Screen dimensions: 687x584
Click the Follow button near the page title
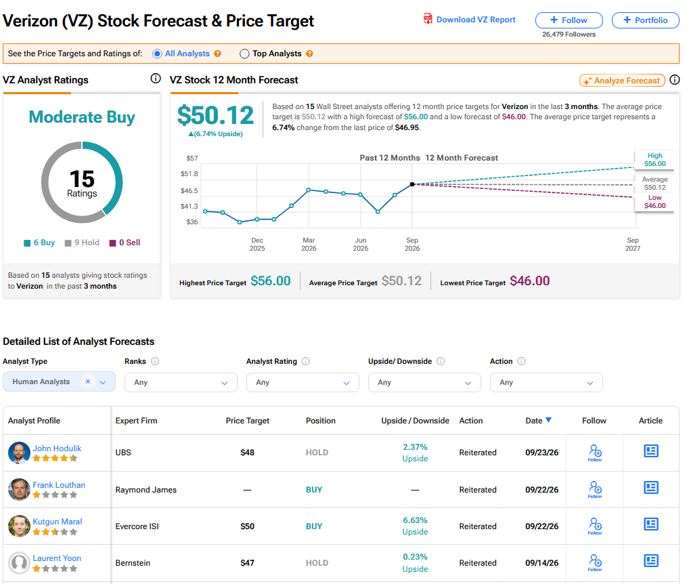569,20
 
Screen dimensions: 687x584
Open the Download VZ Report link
469,19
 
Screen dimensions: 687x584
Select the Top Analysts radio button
244,54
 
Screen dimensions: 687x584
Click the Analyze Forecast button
622,80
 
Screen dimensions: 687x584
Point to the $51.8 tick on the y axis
190,173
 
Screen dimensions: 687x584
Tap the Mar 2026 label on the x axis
309,244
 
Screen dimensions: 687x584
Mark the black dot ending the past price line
412,184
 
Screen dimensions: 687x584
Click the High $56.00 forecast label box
655,160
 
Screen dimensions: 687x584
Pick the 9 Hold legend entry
82,243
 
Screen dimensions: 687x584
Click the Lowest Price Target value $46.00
530,280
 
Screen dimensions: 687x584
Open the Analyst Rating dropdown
303,382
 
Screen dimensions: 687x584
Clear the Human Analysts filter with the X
88,381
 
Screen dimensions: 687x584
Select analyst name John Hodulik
57,448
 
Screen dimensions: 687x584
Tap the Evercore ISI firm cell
137,526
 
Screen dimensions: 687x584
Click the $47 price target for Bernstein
248,562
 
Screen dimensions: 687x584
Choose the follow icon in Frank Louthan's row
595,489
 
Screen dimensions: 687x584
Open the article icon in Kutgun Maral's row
651,524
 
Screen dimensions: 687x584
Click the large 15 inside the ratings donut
82,179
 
